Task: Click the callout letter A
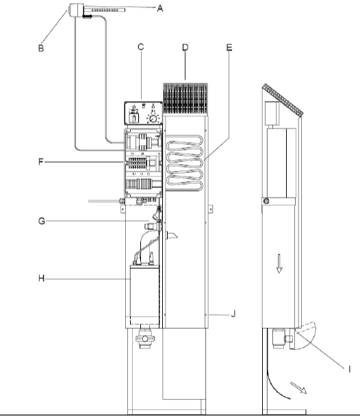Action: tap(159, 8)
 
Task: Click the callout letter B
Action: tap(41, 48)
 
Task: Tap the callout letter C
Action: tap(141, 46)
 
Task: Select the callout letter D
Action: tap(185, 47)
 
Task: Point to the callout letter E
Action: tap(229, 47)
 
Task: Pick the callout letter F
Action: tap(41, 162)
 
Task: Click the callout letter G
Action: tap(42, 221)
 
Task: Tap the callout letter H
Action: tap(41, 278)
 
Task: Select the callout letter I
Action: tap(350, 369)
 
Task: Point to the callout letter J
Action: tap(233, 314)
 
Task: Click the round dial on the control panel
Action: tap(153, 119)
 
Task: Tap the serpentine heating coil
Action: tap(185, 163)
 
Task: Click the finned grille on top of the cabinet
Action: tap(185, 98)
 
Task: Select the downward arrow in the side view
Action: tap(279, 264)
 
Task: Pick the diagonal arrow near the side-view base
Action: tap(298, 388)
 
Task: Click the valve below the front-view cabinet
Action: tap(145, 338)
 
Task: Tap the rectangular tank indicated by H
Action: tap(144, 295)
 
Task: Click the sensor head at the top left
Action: tap(76, 10)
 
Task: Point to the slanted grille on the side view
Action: tap(283, 100)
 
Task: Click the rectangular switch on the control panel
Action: tap(133, 118)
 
